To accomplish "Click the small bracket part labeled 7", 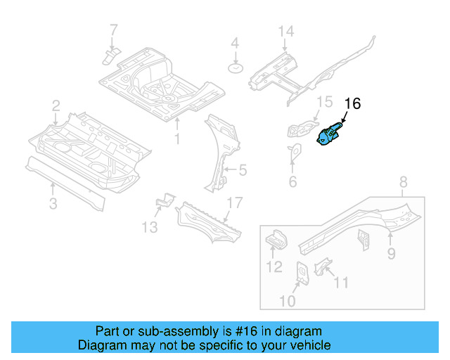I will tap(110, 55).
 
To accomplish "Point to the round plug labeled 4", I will tap(236, 67).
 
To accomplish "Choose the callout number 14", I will tap(285, 32).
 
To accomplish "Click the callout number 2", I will tap(56, 106).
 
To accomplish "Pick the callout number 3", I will tap(53, 205).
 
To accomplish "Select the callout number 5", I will tap(243, 169).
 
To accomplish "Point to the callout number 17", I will tap(234, 203).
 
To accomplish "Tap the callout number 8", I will tap(403, 184).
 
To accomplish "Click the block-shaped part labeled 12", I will tap(276, 241).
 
